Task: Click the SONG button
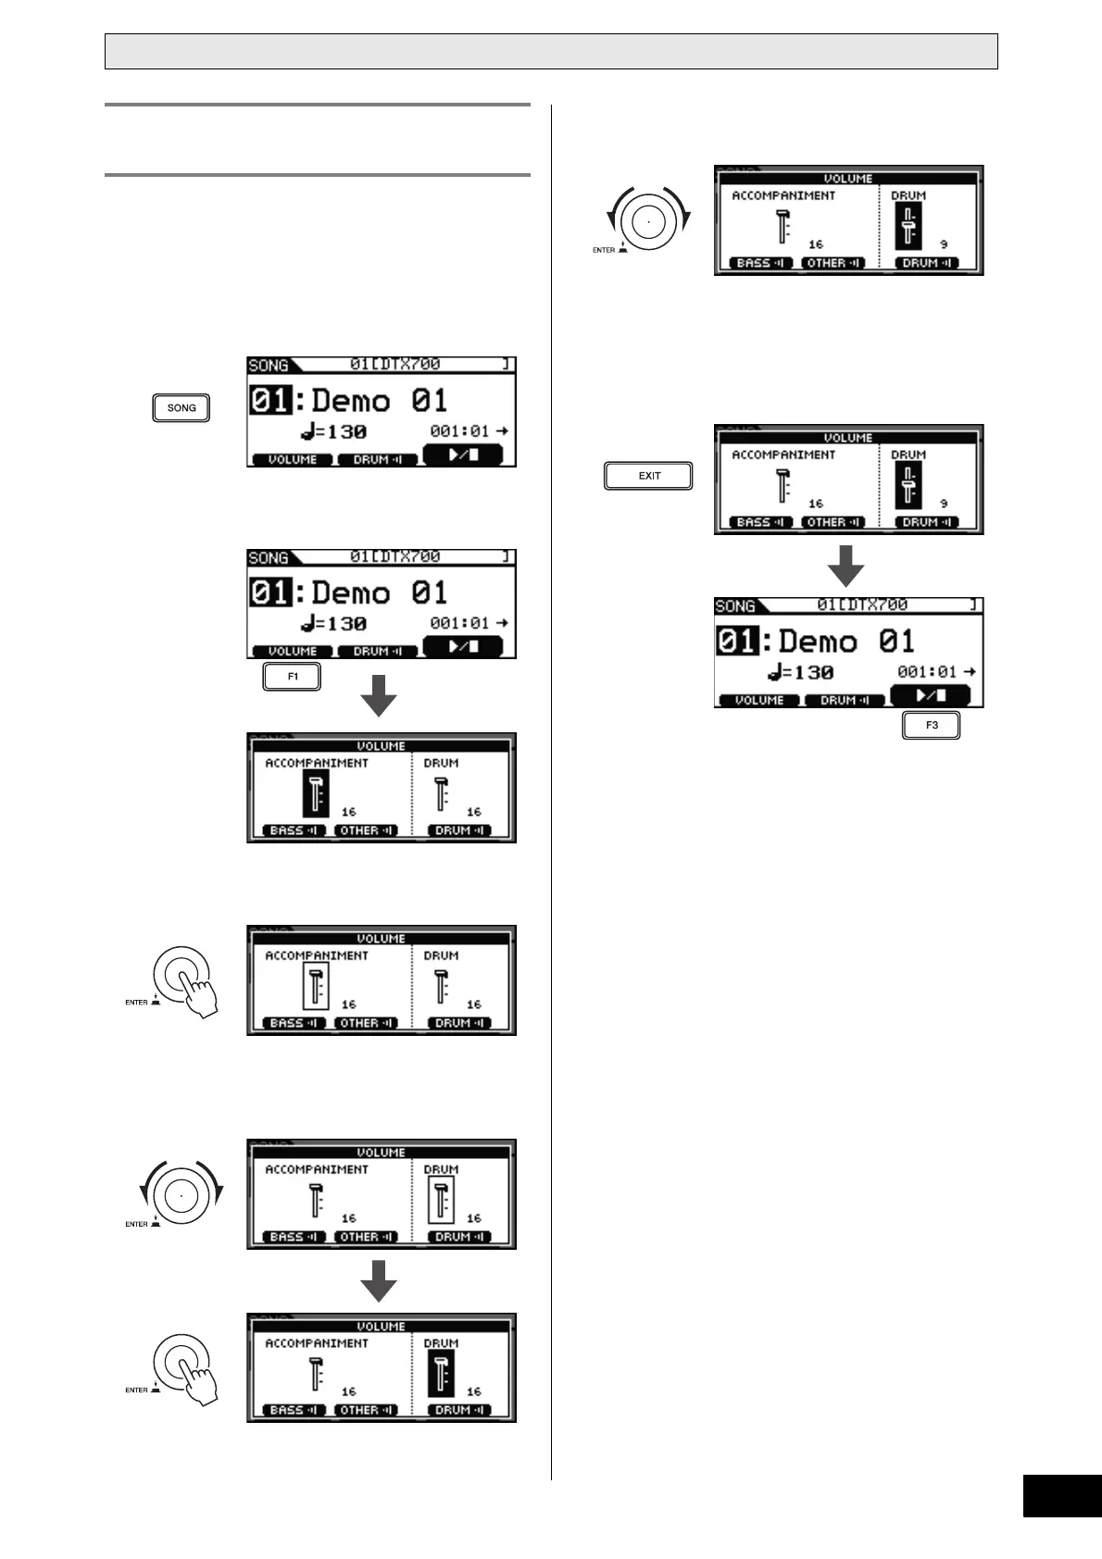pos(182,408)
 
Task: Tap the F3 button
pos(931,725)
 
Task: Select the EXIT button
pos(648,476)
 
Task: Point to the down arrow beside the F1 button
pos(379,695)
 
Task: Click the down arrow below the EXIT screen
pos(845,566)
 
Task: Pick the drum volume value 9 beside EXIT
pos(944,504)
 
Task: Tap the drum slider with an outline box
pos(442,1201)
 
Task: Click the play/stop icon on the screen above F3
pos(930,695)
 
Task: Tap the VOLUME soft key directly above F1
pos(293,652)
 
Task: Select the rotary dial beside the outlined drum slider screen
pos(181,1195)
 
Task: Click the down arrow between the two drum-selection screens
pos(379,1281)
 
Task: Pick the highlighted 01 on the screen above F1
pos(270,592)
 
